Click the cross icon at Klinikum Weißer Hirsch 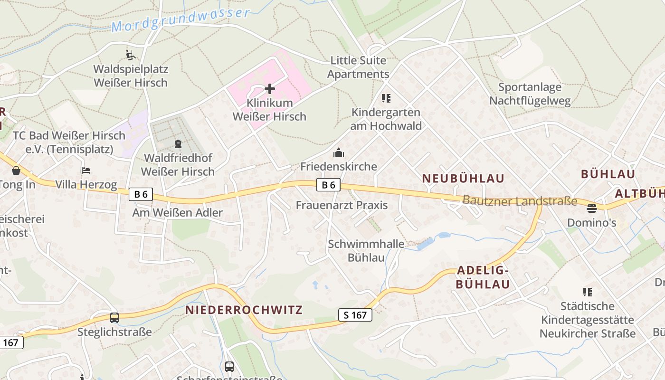click(269, 89)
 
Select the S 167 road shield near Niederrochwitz click(355, 314)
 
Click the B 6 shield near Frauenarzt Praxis click(329, 185)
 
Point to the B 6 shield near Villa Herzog click(141, 194)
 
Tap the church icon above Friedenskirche click(338, 152)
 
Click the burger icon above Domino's click(591, 208)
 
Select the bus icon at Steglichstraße click(114, 318)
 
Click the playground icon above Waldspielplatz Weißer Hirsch click(131, 55)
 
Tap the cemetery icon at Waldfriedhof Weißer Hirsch click(178, 143)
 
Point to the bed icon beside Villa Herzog click(86, 171)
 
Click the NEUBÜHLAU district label click(463, 179)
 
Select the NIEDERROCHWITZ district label click(244, 310)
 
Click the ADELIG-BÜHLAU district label click(483, 277)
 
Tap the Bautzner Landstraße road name click(520, 201)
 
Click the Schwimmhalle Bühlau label click(366, 251)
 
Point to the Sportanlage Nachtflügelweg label click(530, 94)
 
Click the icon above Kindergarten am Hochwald click(386, 98)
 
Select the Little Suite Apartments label click(358, 67)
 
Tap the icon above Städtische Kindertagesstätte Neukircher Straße click(588, 292)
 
